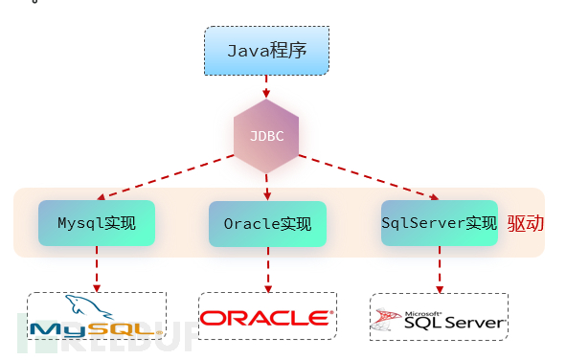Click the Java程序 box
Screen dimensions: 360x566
point(266,51)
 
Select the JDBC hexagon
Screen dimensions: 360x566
point(266,135)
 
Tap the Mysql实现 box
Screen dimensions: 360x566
point(97,224)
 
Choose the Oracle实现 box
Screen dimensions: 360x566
point(267,225)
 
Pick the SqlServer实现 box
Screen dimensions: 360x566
point(439,224)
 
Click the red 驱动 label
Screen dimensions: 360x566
point(525,224)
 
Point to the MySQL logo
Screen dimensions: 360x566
point(96,319)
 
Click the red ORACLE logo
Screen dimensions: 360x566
point(266,318)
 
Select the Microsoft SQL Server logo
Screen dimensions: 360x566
point(439,318)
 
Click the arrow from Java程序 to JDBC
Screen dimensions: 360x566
point(266,87)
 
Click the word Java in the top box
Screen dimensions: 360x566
point(246,51)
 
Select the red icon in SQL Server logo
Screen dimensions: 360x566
point(386,319)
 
